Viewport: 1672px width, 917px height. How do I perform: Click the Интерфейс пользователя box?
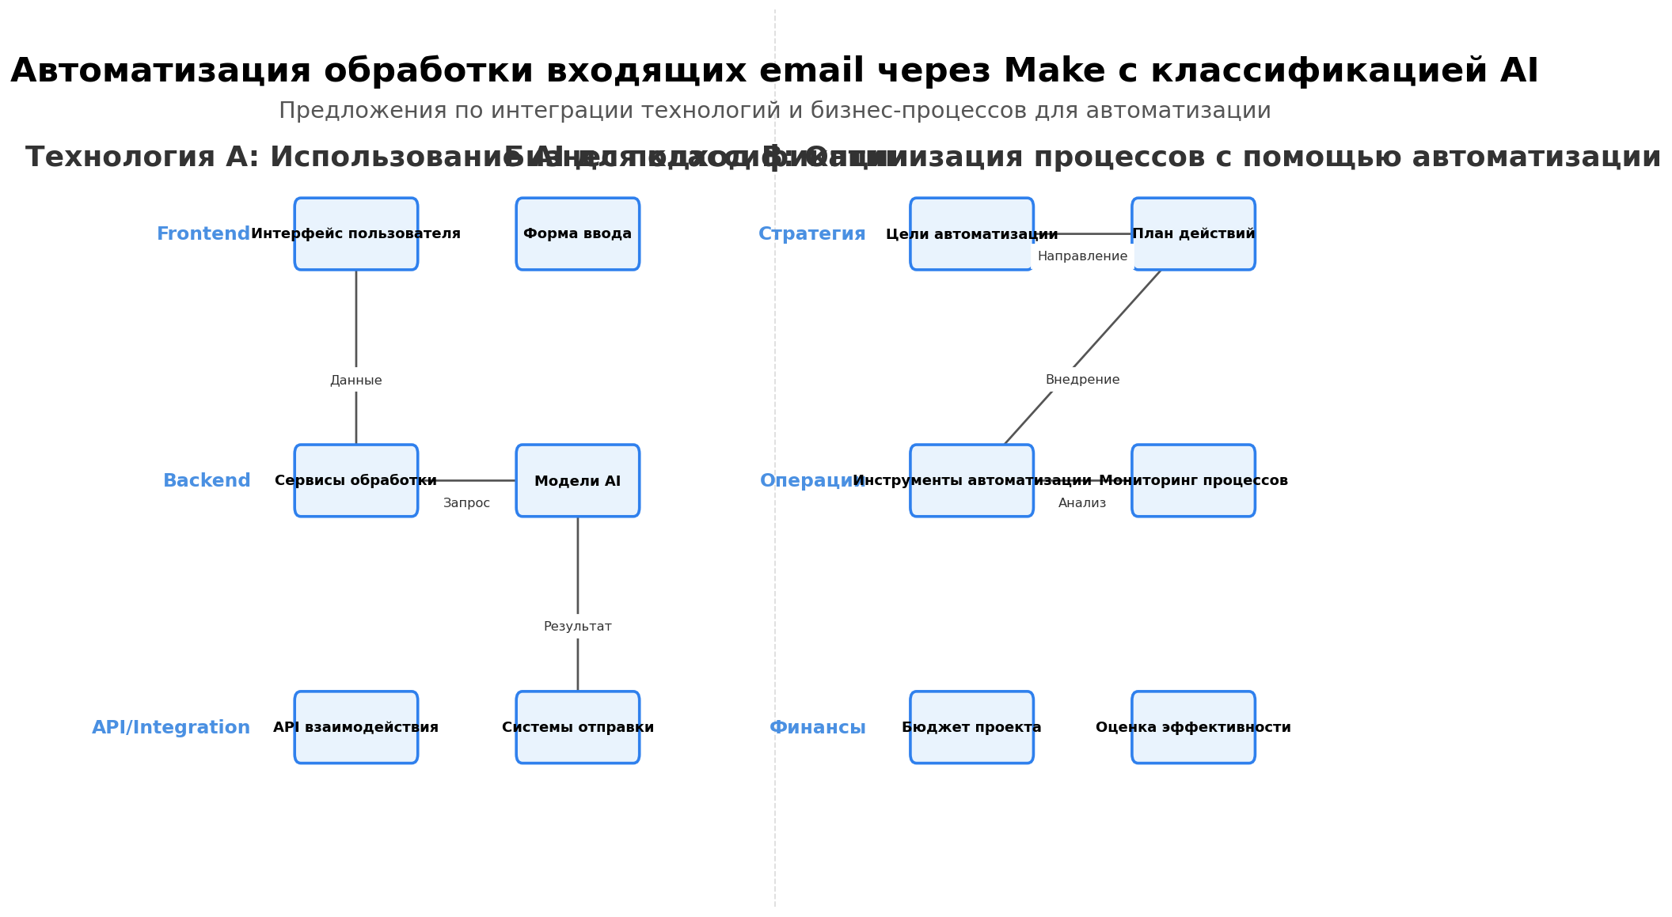(x=356, y=234)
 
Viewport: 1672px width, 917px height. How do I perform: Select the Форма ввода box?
(x=578, y=234)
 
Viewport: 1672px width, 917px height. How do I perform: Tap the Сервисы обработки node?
(x=356, y=481)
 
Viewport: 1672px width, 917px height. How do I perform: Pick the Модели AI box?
(x=578, y=481)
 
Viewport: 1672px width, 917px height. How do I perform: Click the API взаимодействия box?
(x=356, y=728)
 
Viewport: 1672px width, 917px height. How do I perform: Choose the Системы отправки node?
(x=578, y=728)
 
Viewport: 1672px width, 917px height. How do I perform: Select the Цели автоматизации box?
(x=971, y=234)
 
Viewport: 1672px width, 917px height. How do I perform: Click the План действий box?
(x=1193, y=234)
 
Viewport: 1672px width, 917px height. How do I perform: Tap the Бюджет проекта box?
(x=971, y=728)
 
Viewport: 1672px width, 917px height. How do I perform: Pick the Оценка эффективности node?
(x=1193, y=728)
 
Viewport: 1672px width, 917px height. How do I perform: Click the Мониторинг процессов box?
(x=1193, y=481)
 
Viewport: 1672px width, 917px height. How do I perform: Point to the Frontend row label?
(x=203, y=234)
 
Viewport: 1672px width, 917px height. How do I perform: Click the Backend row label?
(x=207, y=481)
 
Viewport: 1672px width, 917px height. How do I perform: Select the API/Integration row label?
(x=171, y=728)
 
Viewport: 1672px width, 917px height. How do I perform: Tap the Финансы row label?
(x=818, y=728)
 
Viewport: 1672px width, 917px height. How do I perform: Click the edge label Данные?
(x=356, y=381)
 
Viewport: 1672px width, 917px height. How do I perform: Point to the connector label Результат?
(x=578, y=627)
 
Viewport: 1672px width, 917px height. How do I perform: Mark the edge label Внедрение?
(x=1082, y=380)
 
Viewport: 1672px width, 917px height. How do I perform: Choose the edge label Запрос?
(x=466, y=503)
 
